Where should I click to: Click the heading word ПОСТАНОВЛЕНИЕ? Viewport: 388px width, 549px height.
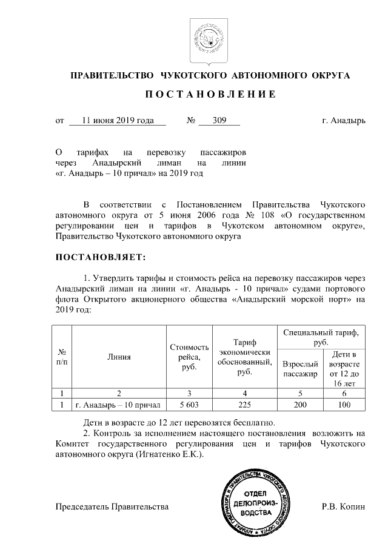(x=210, y=95)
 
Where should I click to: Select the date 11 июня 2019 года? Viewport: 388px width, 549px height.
(x=116, y=121)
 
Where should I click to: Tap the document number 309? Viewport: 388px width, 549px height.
(x=219, y=121)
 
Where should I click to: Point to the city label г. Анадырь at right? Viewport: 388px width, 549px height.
(x=344, y=121)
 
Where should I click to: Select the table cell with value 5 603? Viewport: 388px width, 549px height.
(x=189, y=404)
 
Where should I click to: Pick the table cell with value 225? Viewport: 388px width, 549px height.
(x=244, y=404)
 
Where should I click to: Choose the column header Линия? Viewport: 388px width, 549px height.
(x=119, y=357)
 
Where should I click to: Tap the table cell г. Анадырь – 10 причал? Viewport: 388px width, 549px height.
(x=119, y=404)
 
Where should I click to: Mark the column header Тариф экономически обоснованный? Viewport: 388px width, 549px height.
(x=244, y=357)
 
